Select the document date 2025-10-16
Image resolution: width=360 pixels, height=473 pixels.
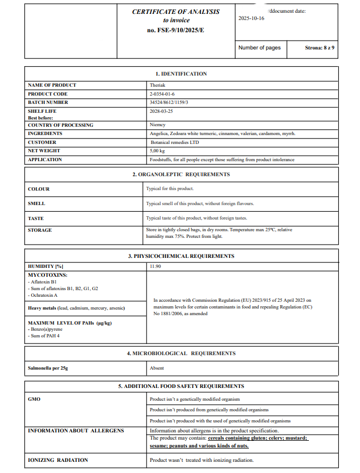pyautogui.click(x=251, y=18)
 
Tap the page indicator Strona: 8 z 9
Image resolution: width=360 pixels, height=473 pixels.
pyautogui.click(x=319, y=48)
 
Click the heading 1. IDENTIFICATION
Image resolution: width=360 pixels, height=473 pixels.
pyautogui.click(x=181, y=74)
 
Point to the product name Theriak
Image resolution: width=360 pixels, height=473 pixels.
pyautogui.click(x=158, y=85)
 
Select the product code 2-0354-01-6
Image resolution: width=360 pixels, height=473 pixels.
pyautogui.click(x=162, y=94)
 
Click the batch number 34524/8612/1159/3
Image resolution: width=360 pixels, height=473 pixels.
pyautogui.click(x=169, y=102)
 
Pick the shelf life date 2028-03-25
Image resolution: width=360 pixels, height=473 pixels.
pyautogui.click(x=161, y=111)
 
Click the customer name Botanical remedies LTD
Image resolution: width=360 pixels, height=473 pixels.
pyautogui.click(x=174, y=142)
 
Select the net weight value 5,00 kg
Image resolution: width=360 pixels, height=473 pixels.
pyautogui.click(x=157, y=151)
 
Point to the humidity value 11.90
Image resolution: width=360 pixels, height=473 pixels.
pyautogui.click(x=156, y=267)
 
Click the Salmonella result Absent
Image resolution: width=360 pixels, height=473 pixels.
pyautogui.click(x=157, y=368)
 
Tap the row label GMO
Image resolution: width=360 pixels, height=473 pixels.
pyautogui.click(x=34, y=399)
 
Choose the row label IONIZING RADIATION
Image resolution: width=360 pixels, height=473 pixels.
pyautogui.click(x=58, y=460)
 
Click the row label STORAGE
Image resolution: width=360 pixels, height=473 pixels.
pyautogui.click(x=40, y=230)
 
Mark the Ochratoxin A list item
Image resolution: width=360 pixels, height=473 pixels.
pyautogui.click(x=43, y=295)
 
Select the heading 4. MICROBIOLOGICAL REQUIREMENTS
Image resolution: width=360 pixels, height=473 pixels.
pyautogui.click(x=181, y=353)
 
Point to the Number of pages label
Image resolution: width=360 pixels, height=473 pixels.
pyautogui.click(x=259, y=48)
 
